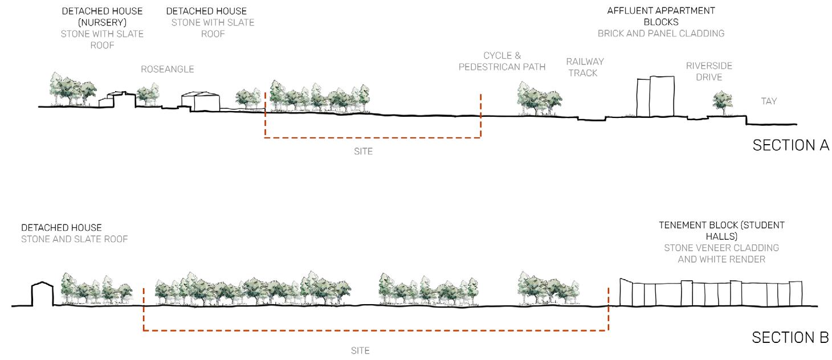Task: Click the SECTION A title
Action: tap(790, 145)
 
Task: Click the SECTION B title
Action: tap(790, 338)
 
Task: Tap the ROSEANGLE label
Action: tap(168, 69)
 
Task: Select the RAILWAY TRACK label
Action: tap(585, 67)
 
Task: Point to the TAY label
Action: tap(769, 101)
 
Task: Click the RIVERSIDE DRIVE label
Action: tap(709, 71)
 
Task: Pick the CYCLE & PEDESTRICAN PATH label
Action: tap(502, 62)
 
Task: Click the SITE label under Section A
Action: tap(363, 152)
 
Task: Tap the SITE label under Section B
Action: tap(360, 351)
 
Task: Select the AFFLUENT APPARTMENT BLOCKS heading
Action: tap(661, 16)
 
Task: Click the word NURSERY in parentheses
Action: tap(102, 23)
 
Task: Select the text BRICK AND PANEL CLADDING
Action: tap(661, 34)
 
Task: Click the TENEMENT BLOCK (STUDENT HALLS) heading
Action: tap(721, 231)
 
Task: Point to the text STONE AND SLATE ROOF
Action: tap(75, 239)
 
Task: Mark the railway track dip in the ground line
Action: tap(591, 120)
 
